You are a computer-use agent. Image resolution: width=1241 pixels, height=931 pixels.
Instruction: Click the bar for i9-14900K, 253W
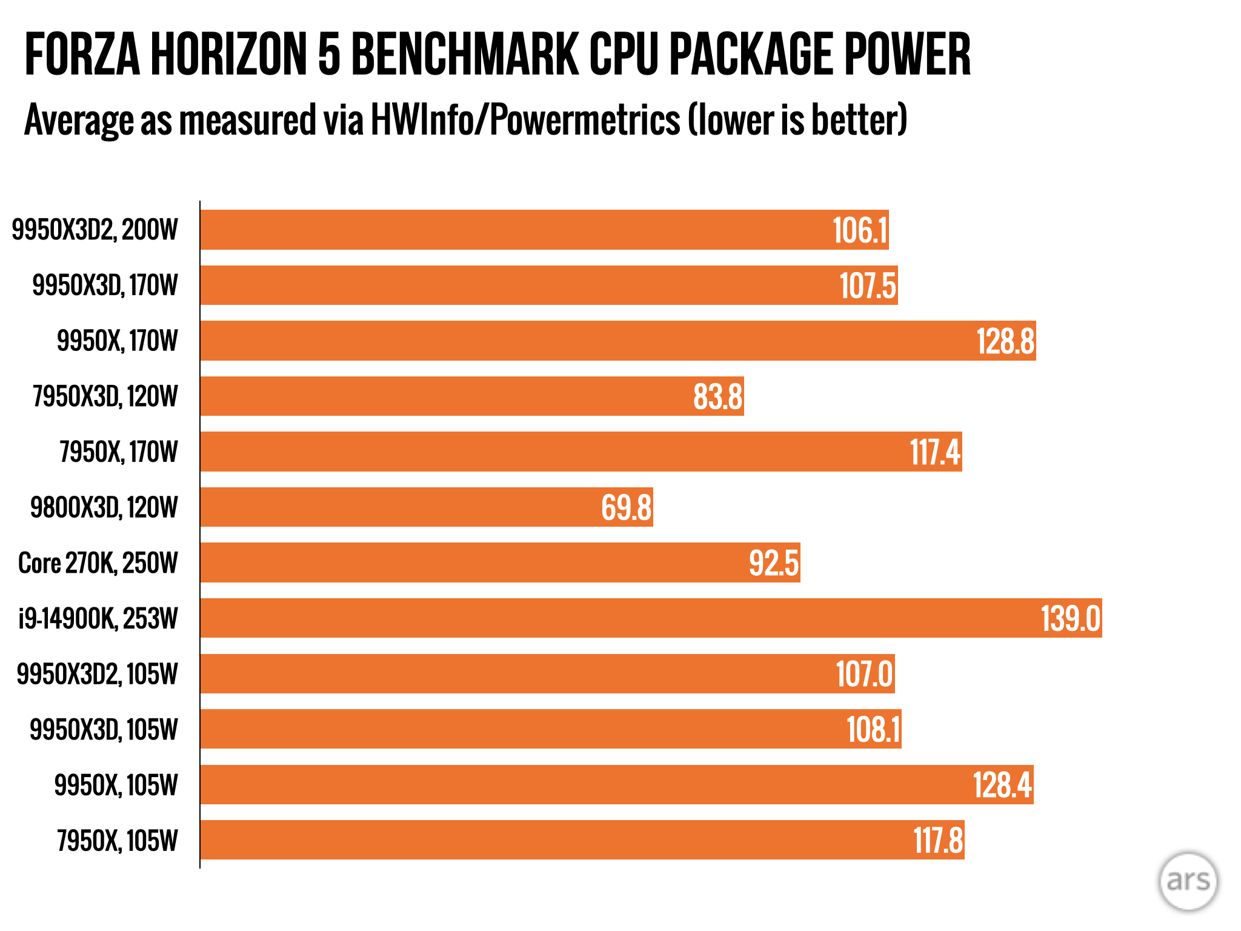[651, 618]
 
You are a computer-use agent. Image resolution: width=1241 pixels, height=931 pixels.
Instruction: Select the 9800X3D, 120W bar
[427, 507]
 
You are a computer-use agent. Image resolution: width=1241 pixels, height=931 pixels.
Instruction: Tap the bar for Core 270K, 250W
[500, 562]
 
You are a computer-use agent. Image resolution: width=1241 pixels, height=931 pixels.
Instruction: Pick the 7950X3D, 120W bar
[472, 396]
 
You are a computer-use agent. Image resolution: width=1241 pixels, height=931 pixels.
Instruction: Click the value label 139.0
[1070, 619]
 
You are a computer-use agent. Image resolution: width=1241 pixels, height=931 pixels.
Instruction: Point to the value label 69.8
[626, 508]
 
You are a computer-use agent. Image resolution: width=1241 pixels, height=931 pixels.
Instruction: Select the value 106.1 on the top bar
[860, 230]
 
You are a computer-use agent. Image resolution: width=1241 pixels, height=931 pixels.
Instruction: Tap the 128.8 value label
[1005, 341]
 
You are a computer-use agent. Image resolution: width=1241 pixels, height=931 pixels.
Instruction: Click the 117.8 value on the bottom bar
[938, 841]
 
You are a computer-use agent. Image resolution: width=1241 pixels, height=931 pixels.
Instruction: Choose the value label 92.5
[774, 563]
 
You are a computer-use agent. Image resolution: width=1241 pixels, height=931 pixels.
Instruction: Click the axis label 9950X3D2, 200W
[95, 230]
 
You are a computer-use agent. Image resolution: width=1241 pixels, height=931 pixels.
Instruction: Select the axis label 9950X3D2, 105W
[98, 674]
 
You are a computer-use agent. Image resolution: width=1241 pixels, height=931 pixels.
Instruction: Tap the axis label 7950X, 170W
[119, 452]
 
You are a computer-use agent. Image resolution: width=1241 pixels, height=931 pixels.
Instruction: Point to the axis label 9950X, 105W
[116, 785]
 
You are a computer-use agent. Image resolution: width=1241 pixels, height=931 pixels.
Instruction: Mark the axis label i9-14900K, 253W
[98, 619]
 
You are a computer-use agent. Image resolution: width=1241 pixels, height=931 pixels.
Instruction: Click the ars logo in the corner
[1188, 881]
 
